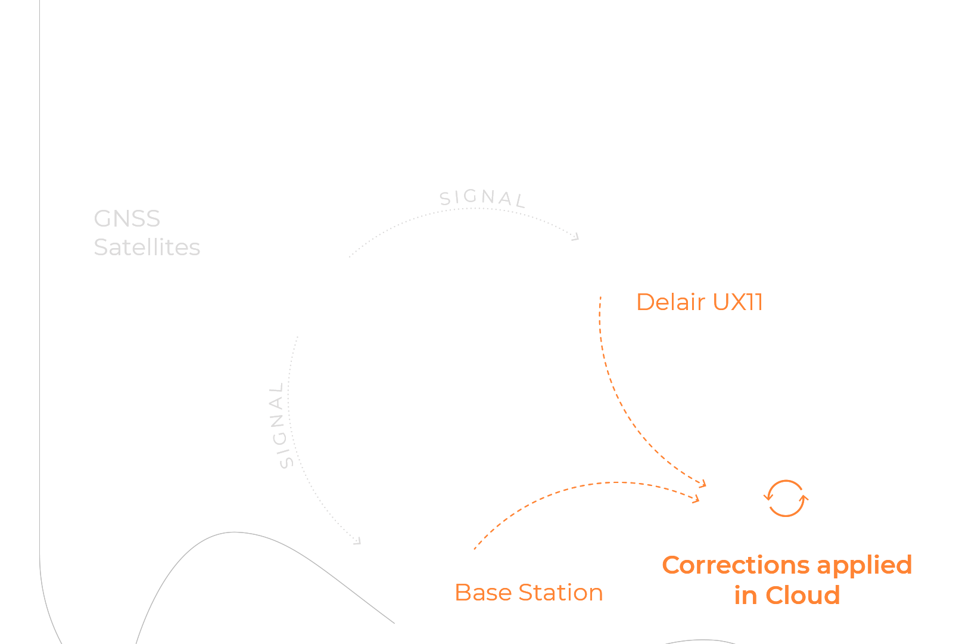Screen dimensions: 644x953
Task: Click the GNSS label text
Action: [127, 219]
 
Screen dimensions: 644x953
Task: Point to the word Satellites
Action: [147, 247]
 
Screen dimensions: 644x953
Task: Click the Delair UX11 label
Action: [699, 302]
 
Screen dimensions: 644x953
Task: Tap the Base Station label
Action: [528, 593]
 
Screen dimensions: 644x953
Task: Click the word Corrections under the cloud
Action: [734, 565]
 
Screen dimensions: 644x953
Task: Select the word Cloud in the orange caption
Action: [802, 595]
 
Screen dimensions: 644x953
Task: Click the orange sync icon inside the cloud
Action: [786, 498]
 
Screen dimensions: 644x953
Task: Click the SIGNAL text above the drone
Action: [482, 198]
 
